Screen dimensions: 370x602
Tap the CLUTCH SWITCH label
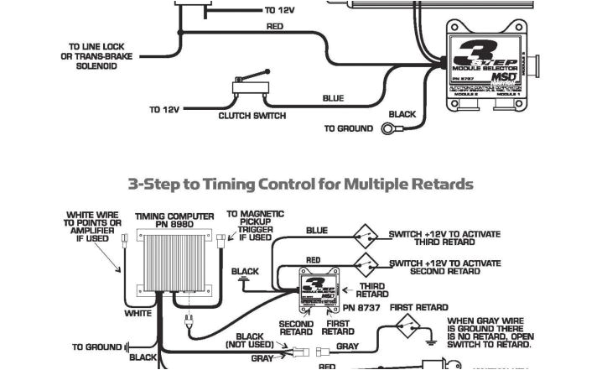(252, 116)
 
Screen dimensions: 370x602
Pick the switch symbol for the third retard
(364, 235)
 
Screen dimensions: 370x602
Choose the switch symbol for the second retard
(364, 261)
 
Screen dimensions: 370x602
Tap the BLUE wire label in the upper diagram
(333, 98)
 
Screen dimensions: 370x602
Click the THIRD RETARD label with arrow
(371, 290)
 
